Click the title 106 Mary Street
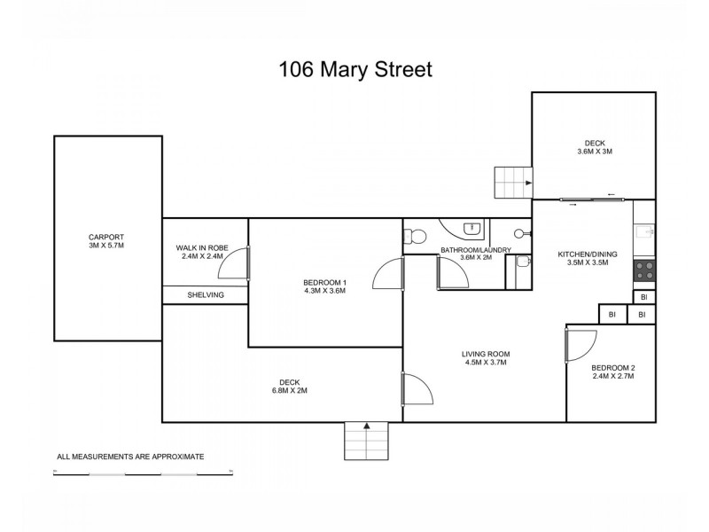click(x=354, y=68)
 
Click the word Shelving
click(x=205, y=295)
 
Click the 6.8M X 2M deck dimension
click(x=290, y=390)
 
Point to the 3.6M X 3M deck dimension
click(x=595, y=152)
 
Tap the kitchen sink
click(x=644, y=232)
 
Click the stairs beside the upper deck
click(x=511, y=184)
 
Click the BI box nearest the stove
click(x=644, y=297)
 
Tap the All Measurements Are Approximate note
click(x=130, y=457)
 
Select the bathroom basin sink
click(x=474, y=228)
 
